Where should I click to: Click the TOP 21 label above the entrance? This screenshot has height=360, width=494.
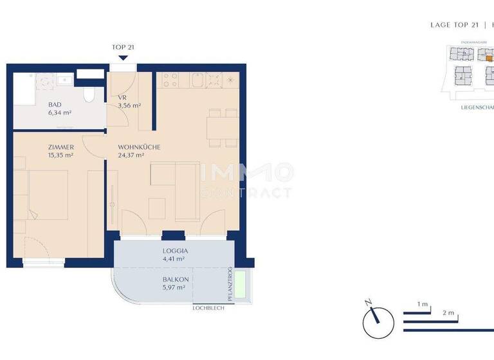coord(122,47)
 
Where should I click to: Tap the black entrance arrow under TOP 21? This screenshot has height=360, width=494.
coord(122,58)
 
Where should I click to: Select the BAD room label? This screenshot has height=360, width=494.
coord(56,104)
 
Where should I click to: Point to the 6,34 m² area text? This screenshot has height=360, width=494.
coord(59,113)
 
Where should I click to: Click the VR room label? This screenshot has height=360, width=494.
coord(122,98)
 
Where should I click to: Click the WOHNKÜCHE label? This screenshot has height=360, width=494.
coord(139,147)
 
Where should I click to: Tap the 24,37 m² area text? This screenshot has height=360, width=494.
coord(131,155)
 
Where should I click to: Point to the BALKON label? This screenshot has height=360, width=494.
coord(176,279)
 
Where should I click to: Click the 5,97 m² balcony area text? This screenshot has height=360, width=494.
coord(174,288)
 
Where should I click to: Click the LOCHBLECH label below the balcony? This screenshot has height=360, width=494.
coord(207,308)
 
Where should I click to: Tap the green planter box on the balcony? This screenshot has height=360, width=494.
coord(242,284)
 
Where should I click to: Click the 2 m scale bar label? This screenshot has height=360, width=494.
coord(448,313)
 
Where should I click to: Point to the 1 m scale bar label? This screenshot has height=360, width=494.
coord(422,303)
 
